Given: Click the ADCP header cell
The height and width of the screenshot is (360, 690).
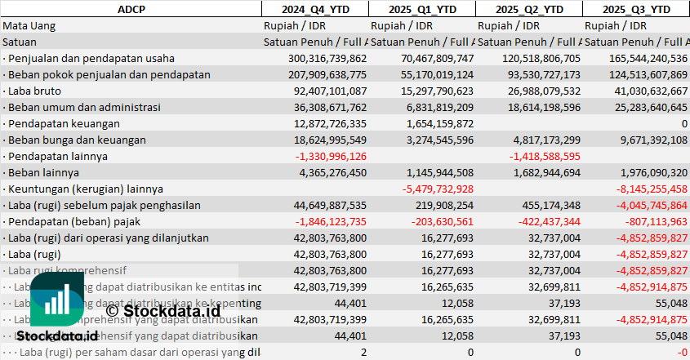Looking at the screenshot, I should click(x=131, y=9).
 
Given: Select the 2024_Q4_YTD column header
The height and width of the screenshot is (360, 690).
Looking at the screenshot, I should click(x=314, y=9).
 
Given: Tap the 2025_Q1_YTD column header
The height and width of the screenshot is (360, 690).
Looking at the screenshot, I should click(x=421, y=9).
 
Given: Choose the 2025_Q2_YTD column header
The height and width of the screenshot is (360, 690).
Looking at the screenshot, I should click(x=528, y=9).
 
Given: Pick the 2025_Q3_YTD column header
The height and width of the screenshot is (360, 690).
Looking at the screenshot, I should click(x=636, y=9).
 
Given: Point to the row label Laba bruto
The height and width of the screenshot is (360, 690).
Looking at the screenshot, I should click(x=33, y=91).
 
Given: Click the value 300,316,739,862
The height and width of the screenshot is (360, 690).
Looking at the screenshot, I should click(x=327, y=58).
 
